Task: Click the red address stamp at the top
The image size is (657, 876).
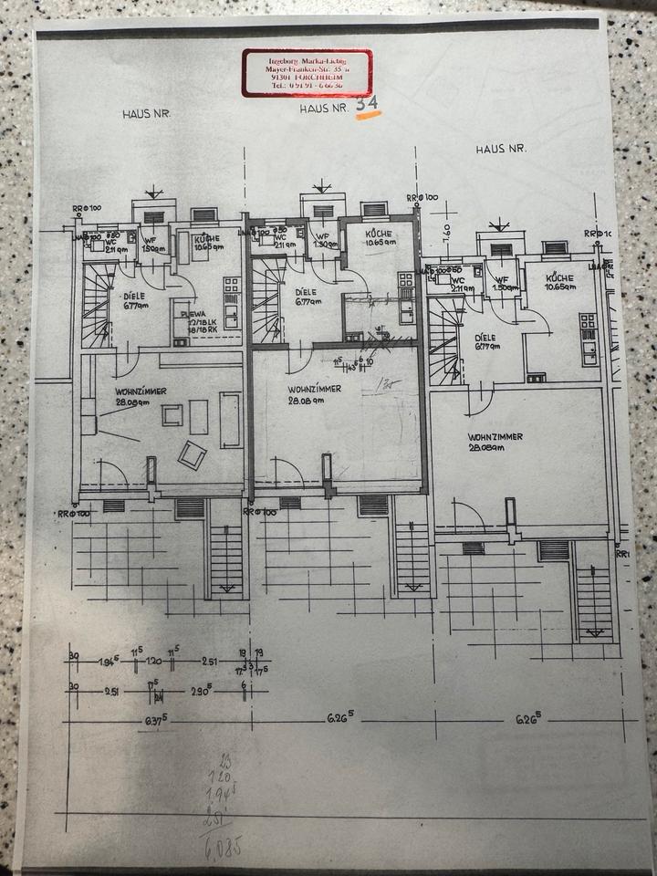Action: point(307,72)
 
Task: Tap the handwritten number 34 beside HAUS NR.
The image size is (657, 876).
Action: point(368,105)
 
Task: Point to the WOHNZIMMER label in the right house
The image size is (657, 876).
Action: point(495,438)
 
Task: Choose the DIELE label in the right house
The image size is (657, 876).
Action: point(485,337)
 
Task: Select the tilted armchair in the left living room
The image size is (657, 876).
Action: point(192,454)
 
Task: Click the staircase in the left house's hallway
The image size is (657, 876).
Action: point(97,305)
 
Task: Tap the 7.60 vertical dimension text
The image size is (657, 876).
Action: point(447,230)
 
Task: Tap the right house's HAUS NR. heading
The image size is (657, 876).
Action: point(501,148)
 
